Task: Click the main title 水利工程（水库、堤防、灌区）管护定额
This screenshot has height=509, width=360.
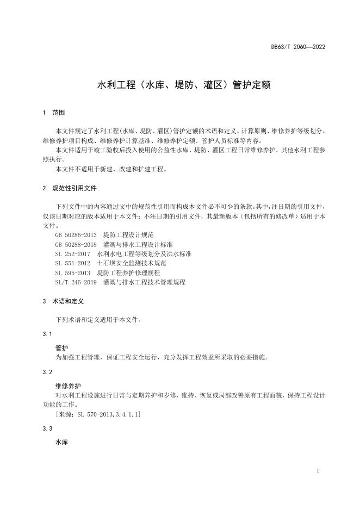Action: click(x=179, y=85)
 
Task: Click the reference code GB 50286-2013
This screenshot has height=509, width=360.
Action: click(x=76, y=235)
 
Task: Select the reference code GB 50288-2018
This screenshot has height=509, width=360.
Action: click(x=76, y=245)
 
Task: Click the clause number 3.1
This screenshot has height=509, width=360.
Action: click(x=47, y=333)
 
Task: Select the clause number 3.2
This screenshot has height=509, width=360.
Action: click(x=47, y=372)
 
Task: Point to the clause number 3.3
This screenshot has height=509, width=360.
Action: click(x=47, y=429)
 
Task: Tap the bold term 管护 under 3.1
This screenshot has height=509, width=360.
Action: click(x=62, y=347)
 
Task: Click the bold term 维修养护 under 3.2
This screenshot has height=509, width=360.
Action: click(x=68, y=386)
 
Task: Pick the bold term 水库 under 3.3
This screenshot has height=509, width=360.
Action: click(x=62, y=443)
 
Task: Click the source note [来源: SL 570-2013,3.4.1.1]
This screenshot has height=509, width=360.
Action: click(x=98, y=414)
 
